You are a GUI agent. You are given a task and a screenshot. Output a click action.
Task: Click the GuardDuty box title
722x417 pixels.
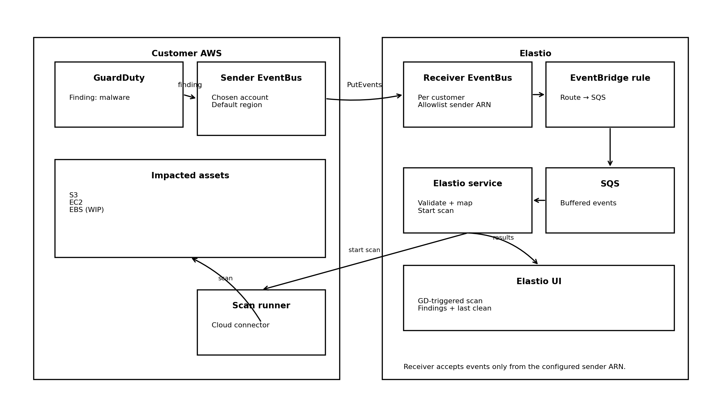click(x=119, y=78)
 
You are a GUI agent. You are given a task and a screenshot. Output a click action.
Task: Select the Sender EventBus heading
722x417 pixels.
click(x=261, y=78)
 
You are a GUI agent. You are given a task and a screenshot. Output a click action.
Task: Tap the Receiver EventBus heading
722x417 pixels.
click(x=467, y=78)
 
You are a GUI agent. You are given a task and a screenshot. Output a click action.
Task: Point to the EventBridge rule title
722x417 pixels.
click(x=610, y=78)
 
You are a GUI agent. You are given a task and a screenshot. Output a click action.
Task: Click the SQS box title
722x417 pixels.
click(x=610, y=184)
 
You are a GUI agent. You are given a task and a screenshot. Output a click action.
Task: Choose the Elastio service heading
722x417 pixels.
click(x=467, y=184)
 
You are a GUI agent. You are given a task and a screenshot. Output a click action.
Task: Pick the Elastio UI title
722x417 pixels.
click(x=539, y=282)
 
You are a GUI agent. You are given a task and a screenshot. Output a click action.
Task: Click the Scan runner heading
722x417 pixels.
click(x=261, y=306)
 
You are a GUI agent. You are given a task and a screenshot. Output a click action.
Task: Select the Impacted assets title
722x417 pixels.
click(x=190, y=176)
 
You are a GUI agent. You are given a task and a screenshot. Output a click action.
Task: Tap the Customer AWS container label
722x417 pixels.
click(x=187, y=54)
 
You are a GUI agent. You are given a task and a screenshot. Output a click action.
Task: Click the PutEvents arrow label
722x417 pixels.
click(x=364, y=85)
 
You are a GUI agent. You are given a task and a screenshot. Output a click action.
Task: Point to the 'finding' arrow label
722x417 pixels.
click(x=190, y=85)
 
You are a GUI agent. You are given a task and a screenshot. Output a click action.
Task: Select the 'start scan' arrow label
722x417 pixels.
click(x=364, y=250)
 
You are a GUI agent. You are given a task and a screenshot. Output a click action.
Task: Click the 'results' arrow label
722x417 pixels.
click(x=503, y=238)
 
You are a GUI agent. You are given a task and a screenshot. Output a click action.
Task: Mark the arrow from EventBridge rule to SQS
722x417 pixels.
click(x=610, y=147)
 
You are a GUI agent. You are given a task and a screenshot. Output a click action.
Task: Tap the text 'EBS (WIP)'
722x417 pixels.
click(x=86, y=210)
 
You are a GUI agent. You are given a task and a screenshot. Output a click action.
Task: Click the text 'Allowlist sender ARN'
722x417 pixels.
click(x=454, y=105)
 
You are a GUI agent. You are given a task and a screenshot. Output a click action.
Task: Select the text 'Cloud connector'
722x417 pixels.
click(x=240, y=325)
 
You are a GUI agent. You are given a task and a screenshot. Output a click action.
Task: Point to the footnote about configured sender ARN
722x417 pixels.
click(x=514, y=367)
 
